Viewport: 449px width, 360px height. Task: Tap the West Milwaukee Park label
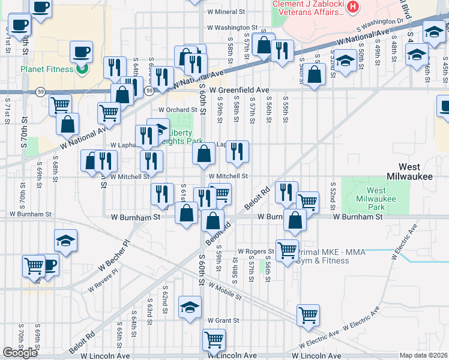click(x=376, y=199)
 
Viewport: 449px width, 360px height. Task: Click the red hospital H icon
click(x=353, y=8)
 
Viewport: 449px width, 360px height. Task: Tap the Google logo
click(x=20, y=353)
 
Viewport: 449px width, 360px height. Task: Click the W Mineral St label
click(x=226, y=11)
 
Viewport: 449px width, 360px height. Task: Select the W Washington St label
click(x=232, y=28)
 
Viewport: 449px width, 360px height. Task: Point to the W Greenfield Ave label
click(x=244, y=90)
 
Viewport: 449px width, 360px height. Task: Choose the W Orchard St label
click(x=178, y=110)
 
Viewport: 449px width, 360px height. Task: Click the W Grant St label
click(x=223, y=321)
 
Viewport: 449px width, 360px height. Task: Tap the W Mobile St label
click(x=225, y=291)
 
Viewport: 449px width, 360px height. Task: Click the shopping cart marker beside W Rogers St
click(x=287, y=249)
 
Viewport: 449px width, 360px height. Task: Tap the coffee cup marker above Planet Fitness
click(x=81, y=51)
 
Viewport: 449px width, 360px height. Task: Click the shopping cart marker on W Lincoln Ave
click(x=214, y=339)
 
